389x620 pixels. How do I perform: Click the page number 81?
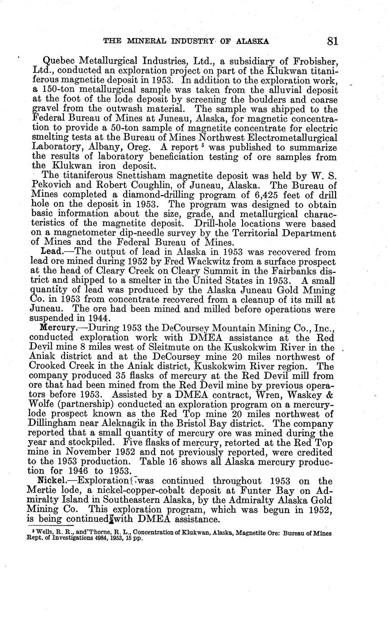tap(332, 41)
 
